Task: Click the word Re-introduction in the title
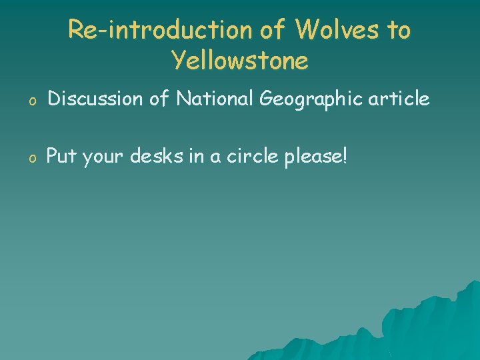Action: click(159, 30)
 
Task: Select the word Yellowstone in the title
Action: click(240, 61)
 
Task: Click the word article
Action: click(401, 99)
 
